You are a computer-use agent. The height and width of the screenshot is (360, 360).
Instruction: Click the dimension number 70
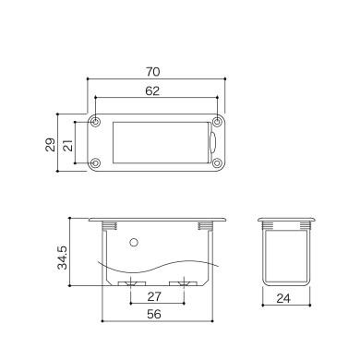(x=155, y=70)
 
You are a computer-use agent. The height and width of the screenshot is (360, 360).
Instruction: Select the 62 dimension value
(x=155, y=91)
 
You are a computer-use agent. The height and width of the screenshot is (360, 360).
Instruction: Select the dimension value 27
(x=156, y=296)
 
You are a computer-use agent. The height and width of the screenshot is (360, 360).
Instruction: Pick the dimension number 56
(x=156, y=315)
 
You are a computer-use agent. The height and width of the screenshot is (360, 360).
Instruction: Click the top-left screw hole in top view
(x=96, y=121)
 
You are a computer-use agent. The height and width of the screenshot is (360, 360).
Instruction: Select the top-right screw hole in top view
(x=217, y=121)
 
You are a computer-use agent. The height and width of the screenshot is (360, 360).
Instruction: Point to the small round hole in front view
(x=135, y=243)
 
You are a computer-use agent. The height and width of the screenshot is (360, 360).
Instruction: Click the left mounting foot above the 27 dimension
(x=131, y=280)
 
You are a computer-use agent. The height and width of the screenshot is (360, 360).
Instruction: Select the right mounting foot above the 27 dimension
(x=183, y=280)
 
